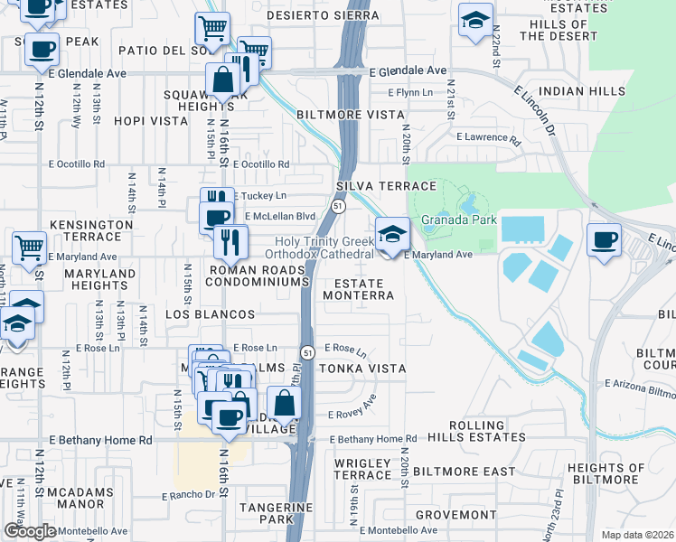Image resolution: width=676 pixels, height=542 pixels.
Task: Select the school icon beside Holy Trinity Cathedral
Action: click(392, 237)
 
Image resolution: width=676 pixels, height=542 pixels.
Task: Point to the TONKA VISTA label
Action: click(361, 369)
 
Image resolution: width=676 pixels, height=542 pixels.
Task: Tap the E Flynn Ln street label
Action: click(410, 92)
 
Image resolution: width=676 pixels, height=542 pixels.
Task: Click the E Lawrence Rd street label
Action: click(488, 140)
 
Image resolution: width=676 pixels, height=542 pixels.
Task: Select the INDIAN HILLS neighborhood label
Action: click(581, 91)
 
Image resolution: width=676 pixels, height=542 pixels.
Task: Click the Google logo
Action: click(30, 531)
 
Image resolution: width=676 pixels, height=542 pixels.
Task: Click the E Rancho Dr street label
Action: click(189, 495)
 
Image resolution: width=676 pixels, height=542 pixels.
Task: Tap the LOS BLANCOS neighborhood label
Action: click(210, 313)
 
